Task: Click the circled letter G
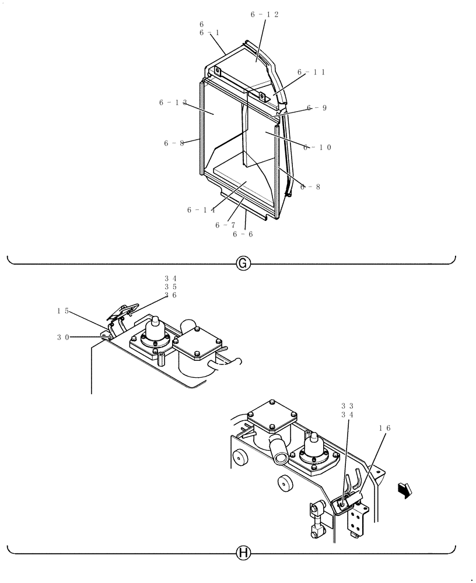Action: point(243,264)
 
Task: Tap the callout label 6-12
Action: point(264,14)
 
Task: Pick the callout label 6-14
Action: point(201,210)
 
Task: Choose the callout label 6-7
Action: point(225,225)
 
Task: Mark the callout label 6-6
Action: point(243,234)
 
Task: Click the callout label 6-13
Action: point(173,103)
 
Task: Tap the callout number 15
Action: point(63,311)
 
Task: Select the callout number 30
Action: point(63,336)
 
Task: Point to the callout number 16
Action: point(384,428)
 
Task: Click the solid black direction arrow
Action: point(402,491)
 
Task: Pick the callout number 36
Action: point(170,295)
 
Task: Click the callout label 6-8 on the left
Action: point(174,143)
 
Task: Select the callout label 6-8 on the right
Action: point(310,187)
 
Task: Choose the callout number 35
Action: point(170,287)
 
